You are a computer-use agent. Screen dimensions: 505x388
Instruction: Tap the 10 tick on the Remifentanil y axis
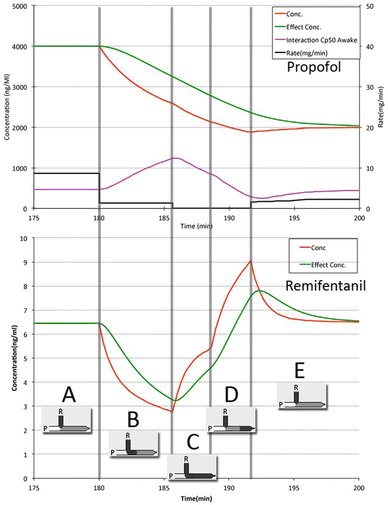coord(25,238)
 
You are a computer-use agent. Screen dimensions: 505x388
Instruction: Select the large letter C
coord(192,442)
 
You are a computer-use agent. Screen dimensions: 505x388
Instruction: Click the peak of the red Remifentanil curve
coord(250,261)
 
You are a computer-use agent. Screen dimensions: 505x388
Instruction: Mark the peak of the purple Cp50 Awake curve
coord(175,158)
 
